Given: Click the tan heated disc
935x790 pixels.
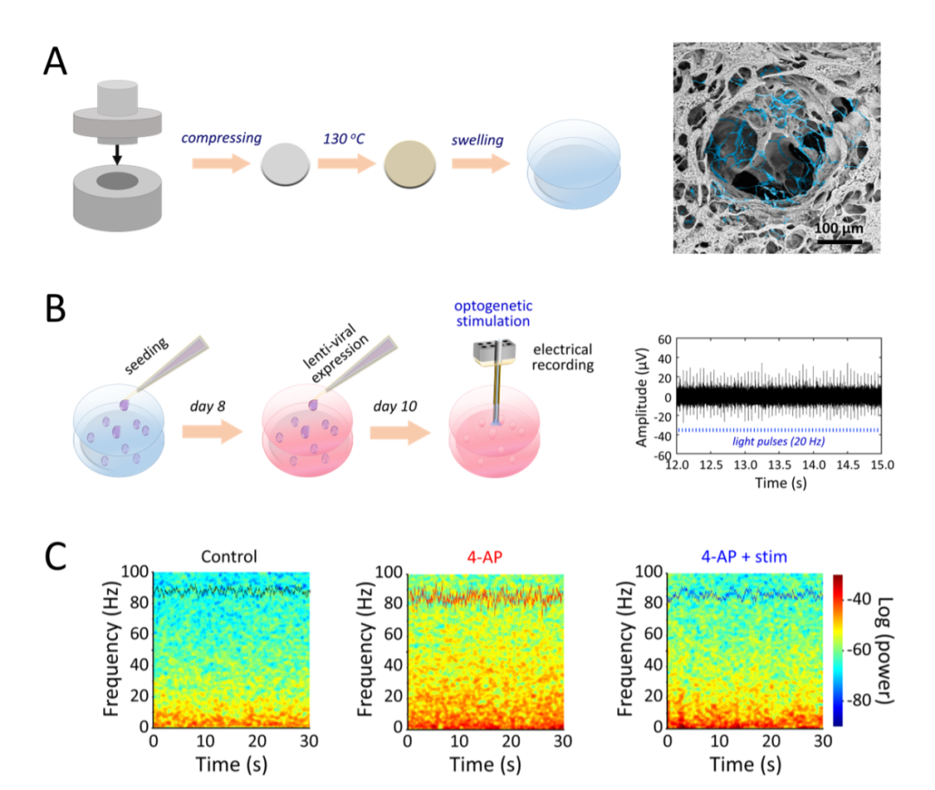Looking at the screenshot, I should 405,164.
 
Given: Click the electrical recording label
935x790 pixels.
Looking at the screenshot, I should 562,357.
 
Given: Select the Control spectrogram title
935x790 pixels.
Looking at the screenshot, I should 228,556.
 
